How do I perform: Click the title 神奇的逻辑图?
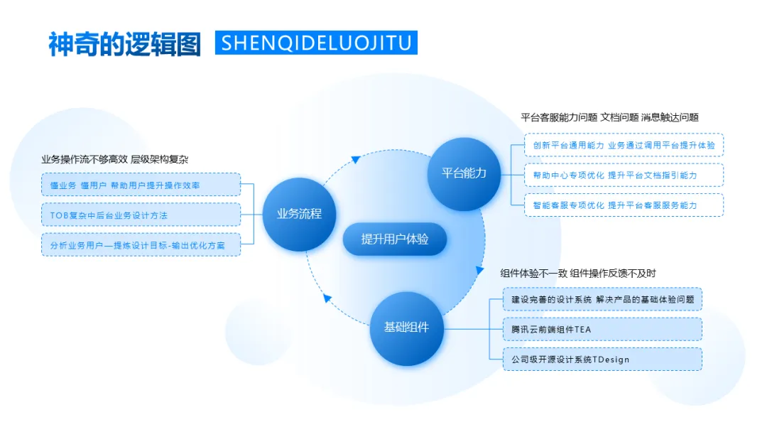pos(124,43)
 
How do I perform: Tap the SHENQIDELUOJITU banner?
pos(316,43)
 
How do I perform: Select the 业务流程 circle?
pos(299,213)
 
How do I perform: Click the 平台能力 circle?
pos(464,173)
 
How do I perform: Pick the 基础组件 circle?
pos(407,328)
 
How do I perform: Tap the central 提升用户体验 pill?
pos(395,239)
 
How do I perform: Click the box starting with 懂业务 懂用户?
pos(141,185)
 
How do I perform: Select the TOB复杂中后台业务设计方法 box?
pos(141,215)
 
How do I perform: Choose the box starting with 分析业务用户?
pos(141,244)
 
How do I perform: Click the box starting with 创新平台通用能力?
pos(624,145)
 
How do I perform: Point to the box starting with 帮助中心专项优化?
pos(624,175)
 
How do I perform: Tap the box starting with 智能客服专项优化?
pos(624,205)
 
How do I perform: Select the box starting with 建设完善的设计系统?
pos(602,299)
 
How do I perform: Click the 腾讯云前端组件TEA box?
pos(602,329)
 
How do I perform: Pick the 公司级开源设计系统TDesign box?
pos(602,359)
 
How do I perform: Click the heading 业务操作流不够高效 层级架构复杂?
pos(114,159)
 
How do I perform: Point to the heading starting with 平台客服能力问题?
pos(609,117)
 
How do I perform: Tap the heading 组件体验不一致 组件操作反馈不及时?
pos(578,273)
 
